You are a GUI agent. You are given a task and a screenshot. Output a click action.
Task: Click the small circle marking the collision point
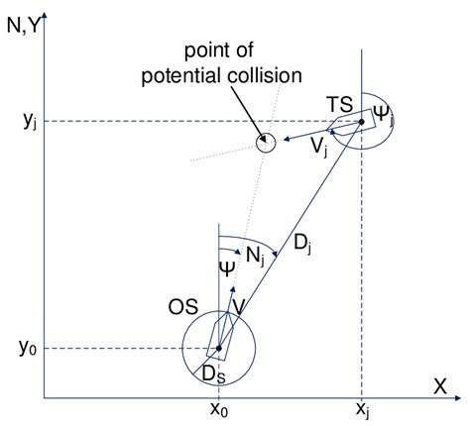(264, 142)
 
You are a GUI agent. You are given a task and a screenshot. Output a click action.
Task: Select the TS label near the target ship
(340, 102)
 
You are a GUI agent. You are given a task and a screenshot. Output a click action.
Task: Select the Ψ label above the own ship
(227, 268)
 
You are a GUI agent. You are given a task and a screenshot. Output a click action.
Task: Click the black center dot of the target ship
(361, 122)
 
